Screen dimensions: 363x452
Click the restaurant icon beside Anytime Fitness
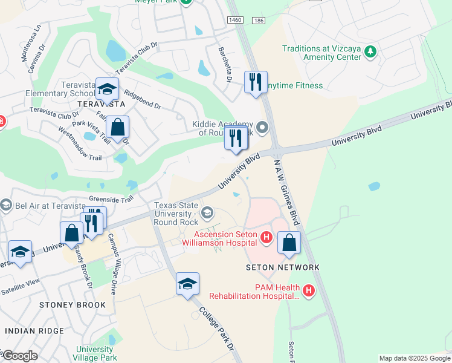click(x=256, y=82)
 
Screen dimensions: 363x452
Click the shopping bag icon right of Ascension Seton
click(x=289, y=242)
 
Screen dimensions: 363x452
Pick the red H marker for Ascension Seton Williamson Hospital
click(x=266, y=238)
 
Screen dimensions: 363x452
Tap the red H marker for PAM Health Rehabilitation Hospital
click(x=309, y=291)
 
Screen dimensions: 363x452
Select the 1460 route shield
click(x=236, y=21)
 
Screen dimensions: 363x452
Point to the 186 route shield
click(x=259, y=21)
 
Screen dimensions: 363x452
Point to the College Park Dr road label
click(x=215, y=326)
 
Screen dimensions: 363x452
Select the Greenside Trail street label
click(x=111, y=198)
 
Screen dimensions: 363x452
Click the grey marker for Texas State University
click(x=207, y=212)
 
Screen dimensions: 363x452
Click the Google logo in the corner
click(x=20, y=356)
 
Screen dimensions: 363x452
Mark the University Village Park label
click(x=95, y=354)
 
